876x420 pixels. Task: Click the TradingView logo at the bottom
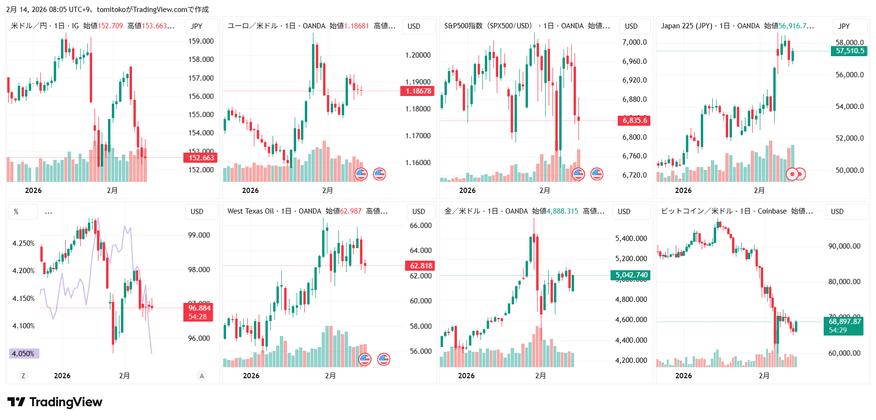pos(55,402)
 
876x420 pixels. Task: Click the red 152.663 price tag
pos(201,158)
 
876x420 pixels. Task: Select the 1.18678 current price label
pos(418,91)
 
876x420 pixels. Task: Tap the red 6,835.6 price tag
pos(635,120)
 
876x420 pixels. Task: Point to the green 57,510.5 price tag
pos(849,51)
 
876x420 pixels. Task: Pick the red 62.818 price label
pos(420,266)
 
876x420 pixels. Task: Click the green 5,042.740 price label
pos(631,275)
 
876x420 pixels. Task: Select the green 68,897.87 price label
pos(844,322)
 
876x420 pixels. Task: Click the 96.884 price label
pos(199,308)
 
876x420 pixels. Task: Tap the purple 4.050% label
pos(24,354)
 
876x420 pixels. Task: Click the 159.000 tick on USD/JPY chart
pos(201,41)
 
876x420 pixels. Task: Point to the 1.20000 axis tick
pos(418,55)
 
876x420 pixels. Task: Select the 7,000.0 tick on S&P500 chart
pos(634,42)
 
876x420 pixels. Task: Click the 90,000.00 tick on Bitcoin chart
pos(844,246)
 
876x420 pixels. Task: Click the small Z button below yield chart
pos(23,376)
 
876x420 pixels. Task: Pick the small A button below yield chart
pos(202,376)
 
